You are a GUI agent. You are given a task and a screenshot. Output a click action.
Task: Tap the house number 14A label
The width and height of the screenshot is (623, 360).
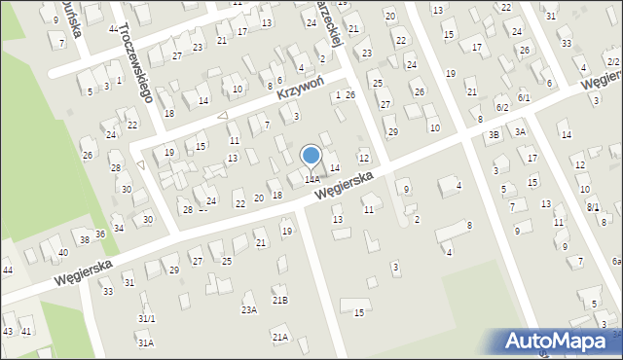(311, 179)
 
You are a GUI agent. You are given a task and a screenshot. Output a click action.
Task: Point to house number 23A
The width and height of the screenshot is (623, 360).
(249, 309)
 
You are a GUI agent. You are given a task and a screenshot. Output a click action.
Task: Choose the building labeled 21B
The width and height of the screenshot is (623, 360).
(280, 301)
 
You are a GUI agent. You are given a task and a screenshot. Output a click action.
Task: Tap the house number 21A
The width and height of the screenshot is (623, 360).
(280, 337)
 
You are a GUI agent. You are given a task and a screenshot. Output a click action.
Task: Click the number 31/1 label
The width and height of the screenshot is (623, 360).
(146, 318)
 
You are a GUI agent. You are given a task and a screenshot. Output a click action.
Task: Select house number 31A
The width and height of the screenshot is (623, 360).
(145, 342)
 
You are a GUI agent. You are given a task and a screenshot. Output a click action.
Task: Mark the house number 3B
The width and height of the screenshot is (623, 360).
(495, 134)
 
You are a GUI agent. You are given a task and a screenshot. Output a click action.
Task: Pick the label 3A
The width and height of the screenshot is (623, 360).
(521, 131)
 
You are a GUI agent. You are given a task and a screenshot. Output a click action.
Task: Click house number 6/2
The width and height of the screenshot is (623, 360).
(501, 107)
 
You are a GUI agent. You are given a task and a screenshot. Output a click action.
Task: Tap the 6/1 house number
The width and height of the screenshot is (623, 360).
(524, 97)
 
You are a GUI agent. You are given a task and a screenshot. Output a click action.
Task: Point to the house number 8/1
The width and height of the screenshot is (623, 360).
(593, 206)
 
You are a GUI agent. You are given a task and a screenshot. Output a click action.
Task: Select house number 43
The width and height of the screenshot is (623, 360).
(8, 332)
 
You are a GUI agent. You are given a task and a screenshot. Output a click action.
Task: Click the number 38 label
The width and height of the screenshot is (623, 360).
(85, 239)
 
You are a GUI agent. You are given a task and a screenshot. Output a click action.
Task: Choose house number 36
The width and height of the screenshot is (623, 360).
(99, 234)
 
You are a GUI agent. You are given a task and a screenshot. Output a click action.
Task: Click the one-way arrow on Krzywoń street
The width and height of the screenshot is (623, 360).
(222, 116)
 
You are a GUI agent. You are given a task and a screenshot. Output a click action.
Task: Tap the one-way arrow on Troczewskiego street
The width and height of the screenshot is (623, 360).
(141, 164)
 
